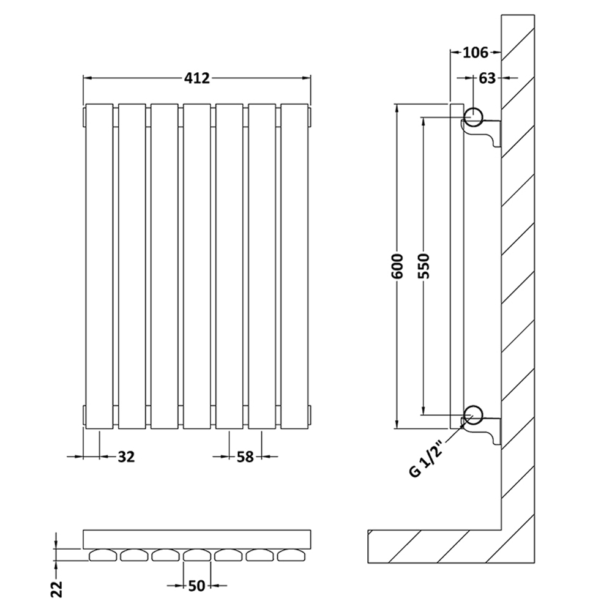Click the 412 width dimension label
197,78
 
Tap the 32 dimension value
126,457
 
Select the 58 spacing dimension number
245,457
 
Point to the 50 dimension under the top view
196,586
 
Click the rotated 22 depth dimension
57,589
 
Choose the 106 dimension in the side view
476,52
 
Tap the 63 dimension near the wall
487,78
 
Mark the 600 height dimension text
397,266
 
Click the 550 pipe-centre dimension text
424,266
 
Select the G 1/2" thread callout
426,460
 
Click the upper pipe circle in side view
473,116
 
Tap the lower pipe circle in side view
473,414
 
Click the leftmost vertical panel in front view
99,266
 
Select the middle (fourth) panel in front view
196,266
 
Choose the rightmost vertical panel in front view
294,266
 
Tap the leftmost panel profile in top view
103,555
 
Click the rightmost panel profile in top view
291,555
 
